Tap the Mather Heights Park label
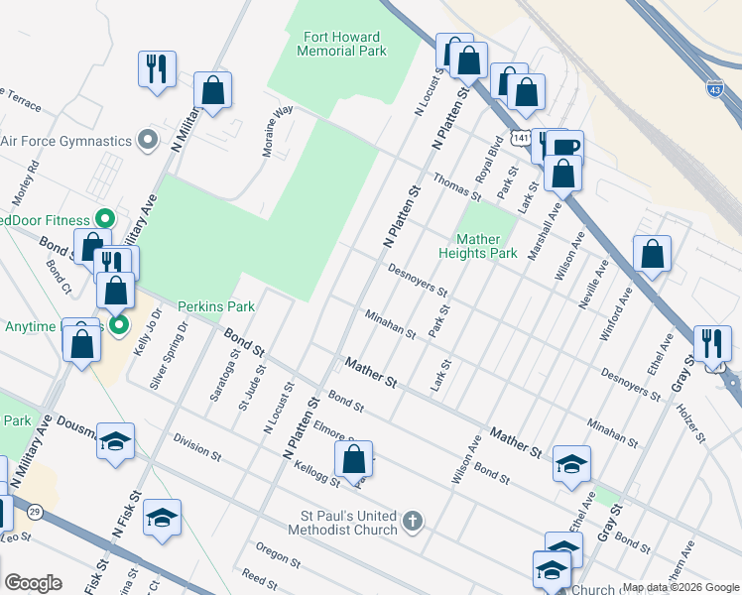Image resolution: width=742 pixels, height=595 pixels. [486, 246]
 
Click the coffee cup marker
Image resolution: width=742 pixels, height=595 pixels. [565, 149]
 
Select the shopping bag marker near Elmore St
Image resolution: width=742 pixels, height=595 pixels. [354, 459]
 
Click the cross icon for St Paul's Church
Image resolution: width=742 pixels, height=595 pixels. [413, 520]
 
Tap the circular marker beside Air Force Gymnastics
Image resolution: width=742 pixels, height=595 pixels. [148, 140]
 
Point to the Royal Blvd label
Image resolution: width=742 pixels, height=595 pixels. [493, 156]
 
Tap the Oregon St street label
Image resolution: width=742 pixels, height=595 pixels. [277, 554]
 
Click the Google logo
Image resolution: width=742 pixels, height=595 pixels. [33, 583]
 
